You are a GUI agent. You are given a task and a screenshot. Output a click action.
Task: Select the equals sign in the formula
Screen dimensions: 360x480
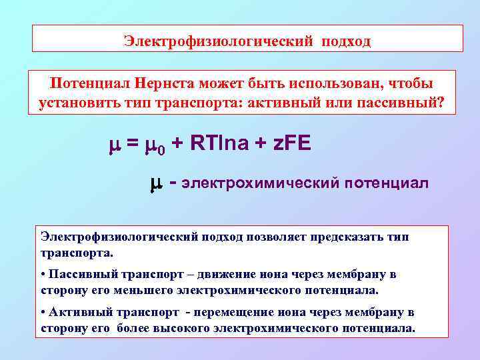tap(131, 144)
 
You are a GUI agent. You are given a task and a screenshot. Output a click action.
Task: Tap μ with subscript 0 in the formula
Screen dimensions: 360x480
tap(157, 145)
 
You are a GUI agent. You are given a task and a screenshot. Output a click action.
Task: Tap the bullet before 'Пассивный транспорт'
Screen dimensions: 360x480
tap(43, 275)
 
